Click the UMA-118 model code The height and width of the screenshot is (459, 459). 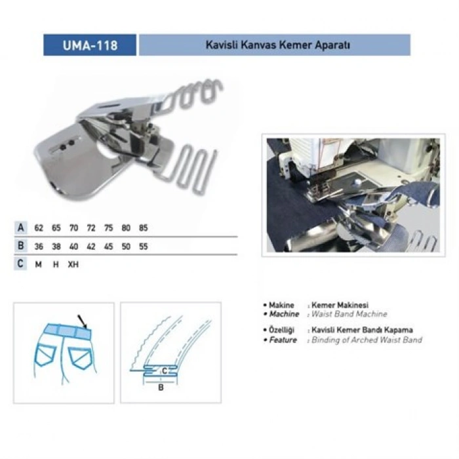tap(90, 45)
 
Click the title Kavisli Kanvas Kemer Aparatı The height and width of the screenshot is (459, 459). tap(275, 45)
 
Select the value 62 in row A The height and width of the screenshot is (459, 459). tap(39, 228)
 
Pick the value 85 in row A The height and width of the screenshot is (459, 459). tap(143, 228)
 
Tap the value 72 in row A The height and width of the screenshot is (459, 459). tap(90, 228)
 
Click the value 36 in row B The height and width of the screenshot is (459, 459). tap(39, 247)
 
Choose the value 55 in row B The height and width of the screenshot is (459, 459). tap(143, 247)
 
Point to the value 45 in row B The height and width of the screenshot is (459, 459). tap(108, 247)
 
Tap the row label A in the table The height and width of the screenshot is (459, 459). tap(22, 228)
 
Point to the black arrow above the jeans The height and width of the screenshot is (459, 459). tap(83, 321)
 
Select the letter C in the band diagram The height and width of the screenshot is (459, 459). tap(164, 371)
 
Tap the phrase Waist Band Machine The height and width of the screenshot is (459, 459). tap(349, 314)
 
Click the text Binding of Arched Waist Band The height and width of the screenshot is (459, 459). tap(367, 340)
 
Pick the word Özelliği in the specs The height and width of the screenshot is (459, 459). tap(283, 330)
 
